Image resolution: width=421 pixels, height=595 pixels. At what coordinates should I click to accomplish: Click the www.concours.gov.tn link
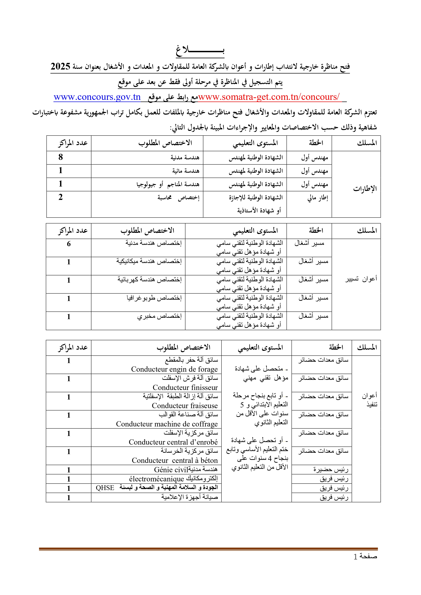tap(97, 97)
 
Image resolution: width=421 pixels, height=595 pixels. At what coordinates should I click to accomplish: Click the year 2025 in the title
tap(60, 67)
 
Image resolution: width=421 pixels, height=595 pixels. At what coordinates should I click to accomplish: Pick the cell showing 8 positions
tap(61, 157)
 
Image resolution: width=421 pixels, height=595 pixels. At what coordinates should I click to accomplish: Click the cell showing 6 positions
tap(69, 244)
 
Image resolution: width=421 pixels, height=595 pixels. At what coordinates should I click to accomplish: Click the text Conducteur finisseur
tap(185, 387)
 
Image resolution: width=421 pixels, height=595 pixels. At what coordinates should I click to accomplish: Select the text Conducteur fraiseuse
tap(185, 406)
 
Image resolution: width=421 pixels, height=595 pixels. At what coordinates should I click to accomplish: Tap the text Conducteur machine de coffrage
tap(167, 424)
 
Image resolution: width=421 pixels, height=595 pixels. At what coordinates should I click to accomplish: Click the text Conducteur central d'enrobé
tap(173, 442)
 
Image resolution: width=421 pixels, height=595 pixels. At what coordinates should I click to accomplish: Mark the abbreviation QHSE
tap(105, 488)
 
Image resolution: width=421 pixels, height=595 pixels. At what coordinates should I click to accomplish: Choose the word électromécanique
tap(156, 479)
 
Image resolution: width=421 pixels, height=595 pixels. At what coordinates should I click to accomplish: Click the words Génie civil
tap(171, 470)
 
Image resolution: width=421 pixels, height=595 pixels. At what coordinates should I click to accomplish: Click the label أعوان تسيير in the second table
tap(361, 279)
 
